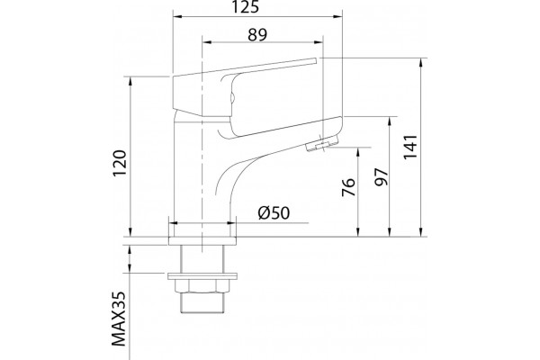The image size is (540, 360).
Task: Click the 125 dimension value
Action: (x=245, y=7)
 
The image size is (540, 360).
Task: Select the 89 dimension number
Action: (x=257, y=34)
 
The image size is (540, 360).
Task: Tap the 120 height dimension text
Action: (x=121, y=163)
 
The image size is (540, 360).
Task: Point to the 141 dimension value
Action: (x=410, y=147)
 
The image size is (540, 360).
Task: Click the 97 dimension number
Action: (x=382, y=177)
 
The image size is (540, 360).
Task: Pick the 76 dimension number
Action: (x=348, y=187)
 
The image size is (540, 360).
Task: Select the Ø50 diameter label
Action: (x=274, y=213)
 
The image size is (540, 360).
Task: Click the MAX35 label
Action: (x=119, y=319)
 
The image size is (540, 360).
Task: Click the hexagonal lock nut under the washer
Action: (x=202, y=285)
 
